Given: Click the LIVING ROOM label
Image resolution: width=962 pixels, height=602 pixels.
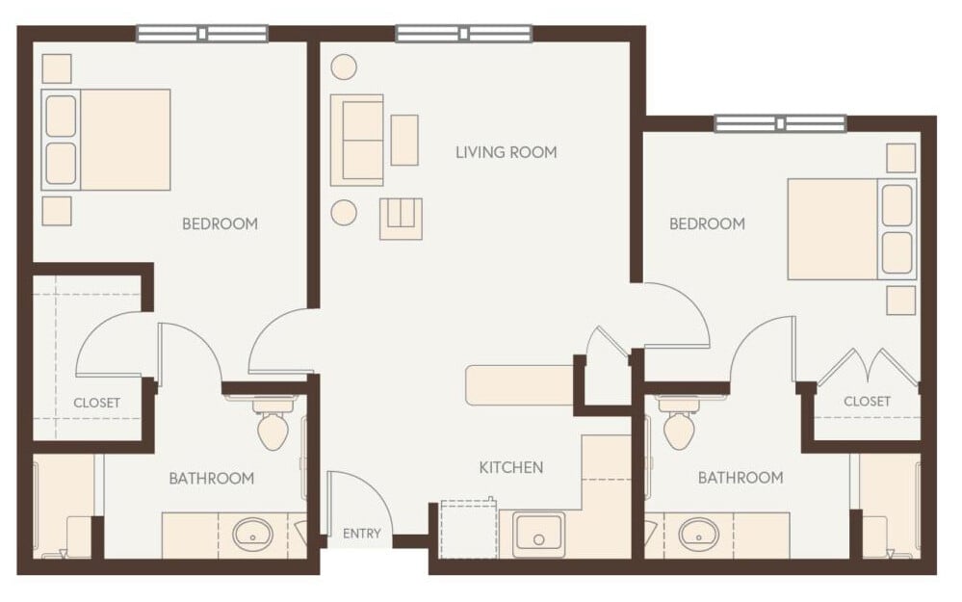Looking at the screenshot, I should (x=506, y=152).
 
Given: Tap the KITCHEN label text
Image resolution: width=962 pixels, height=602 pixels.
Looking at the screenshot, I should (x=511, y=468).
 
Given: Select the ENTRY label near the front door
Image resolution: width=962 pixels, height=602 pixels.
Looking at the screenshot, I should (x=362, y=534).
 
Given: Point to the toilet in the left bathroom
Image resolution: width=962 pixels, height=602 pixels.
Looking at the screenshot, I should (x=273, y=427).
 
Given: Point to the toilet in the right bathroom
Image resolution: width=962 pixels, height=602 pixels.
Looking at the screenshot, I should (x=682, y=427).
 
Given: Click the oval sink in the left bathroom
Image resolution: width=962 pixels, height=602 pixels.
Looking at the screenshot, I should (x=253, y=533).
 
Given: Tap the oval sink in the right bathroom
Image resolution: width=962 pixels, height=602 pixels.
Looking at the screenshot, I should (x=698, y=533).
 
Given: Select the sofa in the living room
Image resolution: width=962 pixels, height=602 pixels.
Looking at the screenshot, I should (x=356, y=140).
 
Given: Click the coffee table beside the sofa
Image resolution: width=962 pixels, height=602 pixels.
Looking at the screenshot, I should (x=404, y=140).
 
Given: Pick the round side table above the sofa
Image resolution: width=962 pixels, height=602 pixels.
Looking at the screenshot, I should (x=344, y=66).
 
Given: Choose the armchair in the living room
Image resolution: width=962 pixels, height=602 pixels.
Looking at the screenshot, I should (x=401, y=219).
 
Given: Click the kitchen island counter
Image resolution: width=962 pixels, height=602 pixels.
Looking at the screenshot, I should (x=519, y=385).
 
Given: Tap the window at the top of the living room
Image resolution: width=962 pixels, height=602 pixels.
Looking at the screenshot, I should (x=463, y=34).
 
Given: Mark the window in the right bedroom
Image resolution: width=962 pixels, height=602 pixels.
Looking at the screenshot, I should (x=780, y=123).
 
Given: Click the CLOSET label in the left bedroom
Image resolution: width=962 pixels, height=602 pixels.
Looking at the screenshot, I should (x=97, y=403).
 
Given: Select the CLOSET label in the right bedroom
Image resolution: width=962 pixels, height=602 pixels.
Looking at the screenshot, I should (x=867, y=401).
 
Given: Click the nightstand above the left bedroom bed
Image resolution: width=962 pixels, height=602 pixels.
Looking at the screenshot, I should (x=57, y=68).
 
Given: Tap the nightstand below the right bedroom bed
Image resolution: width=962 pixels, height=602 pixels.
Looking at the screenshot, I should (x=900, y=300).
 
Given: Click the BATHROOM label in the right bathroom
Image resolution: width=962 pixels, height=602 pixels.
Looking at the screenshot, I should (x=741, y=478).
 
